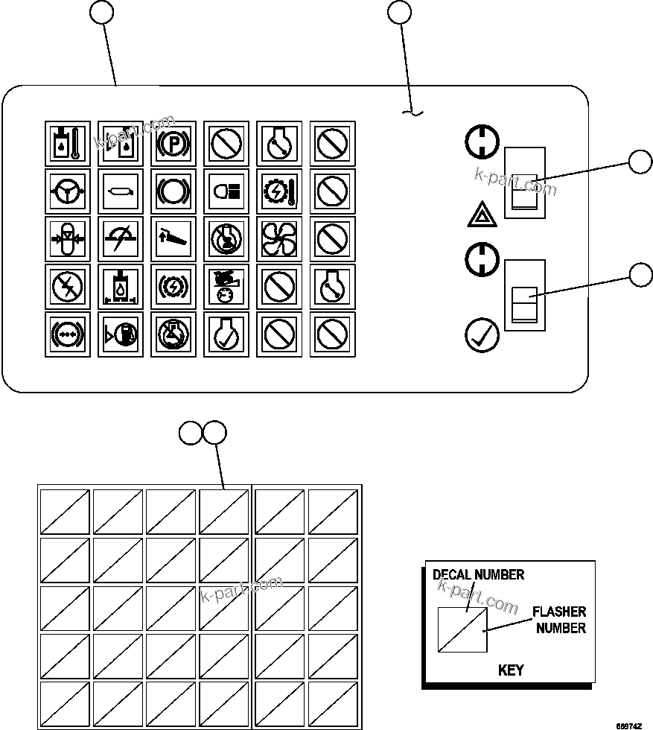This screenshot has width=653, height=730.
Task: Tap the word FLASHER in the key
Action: (559, 612)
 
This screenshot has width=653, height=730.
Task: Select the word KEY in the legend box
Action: (510, 670)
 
